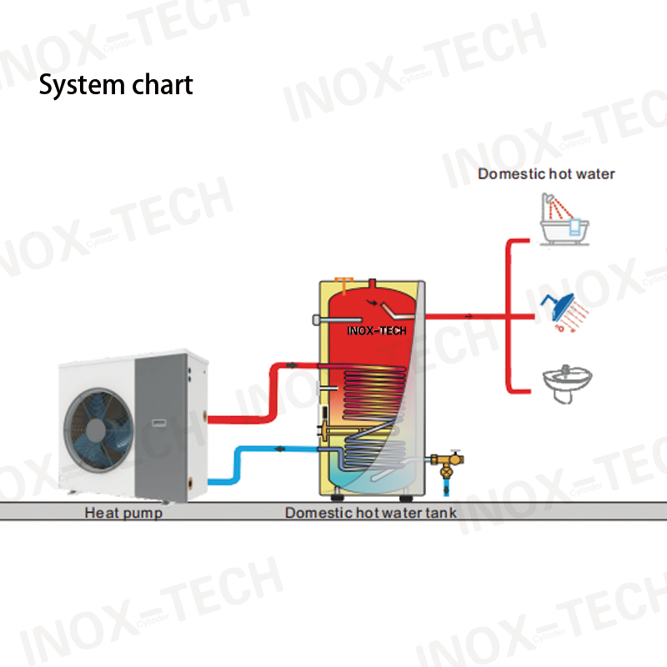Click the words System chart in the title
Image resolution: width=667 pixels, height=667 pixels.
[x=116, y=85]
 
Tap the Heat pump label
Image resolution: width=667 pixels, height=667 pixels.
[x=123, y=513]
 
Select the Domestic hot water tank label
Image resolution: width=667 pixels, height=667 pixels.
[x=371, y=513]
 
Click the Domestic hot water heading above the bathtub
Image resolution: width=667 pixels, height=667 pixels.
[x=546, y=174]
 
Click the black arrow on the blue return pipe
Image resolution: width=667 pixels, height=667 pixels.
[x=280, y=449]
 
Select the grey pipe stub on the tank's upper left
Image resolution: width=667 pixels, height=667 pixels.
[x=317, y=319]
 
